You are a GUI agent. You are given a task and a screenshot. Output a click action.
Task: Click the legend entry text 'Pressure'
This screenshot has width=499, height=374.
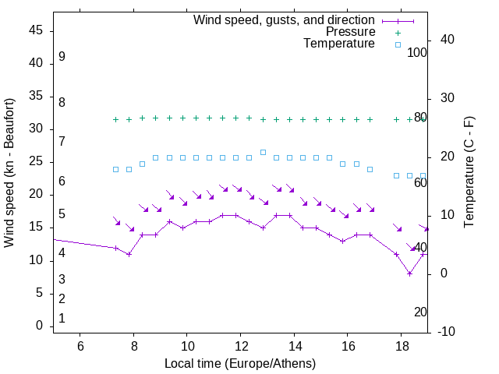350,32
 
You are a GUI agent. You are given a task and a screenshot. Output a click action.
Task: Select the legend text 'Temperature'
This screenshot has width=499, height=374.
339,44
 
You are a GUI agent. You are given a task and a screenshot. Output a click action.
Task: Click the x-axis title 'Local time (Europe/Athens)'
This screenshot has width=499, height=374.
240,363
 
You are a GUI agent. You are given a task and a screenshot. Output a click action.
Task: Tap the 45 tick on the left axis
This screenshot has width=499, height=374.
36,30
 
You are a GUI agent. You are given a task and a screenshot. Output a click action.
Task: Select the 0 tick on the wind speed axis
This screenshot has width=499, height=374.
40,326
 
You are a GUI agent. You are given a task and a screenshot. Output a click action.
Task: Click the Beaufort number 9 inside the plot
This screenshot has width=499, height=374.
62,57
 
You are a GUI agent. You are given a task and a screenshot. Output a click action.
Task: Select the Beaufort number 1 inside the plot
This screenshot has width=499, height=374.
62,318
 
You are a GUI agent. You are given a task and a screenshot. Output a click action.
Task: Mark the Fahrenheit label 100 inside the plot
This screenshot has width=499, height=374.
418,53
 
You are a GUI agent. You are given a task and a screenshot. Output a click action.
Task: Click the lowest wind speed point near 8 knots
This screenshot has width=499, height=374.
409,273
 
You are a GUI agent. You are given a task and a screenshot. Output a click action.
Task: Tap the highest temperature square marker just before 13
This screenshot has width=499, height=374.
263,152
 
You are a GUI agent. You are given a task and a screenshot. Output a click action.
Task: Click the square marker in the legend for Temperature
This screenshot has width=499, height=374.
398,44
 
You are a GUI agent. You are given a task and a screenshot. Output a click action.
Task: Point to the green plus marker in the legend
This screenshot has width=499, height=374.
398,32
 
